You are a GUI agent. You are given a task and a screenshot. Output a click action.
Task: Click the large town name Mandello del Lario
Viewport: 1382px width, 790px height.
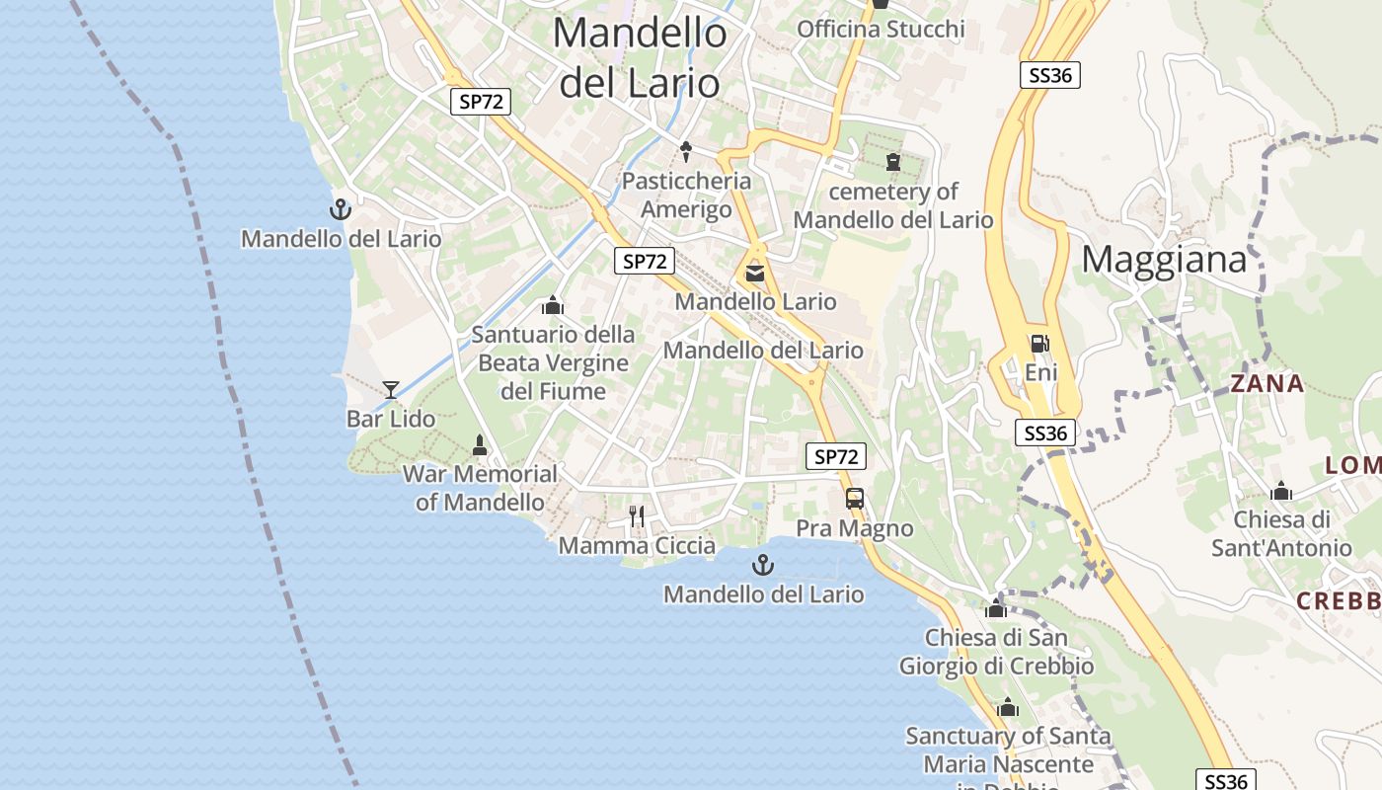tap(641, 57)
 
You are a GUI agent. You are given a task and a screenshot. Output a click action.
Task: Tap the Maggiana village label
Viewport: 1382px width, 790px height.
tap(1164, 260)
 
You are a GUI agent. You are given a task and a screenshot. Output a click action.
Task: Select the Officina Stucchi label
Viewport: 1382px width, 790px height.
tap(881, 29)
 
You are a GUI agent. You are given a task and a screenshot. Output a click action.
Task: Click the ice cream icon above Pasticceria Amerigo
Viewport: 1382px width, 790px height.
tap(686, 152)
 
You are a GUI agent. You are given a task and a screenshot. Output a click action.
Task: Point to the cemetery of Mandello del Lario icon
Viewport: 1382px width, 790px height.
tap(893, 161)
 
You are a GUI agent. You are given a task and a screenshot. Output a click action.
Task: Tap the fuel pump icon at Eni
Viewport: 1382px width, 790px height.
tap(1039, 344)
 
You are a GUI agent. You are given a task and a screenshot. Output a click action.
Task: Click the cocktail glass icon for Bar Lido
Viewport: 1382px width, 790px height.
tap(391, 389)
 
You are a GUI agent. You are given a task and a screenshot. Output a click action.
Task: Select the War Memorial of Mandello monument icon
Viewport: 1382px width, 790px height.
tap(480, 445)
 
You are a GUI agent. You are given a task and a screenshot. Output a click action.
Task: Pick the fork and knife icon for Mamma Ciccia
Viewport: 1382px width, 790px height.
tap(637, 515)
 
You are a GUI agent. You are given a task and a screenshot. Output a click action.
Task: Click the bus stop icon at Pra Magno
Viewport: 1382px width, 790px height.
tap(855, 499)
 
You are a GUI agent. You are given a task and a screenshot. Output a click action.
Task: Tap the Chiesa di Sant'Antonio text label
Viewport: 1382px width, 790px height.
tap(1281, 533)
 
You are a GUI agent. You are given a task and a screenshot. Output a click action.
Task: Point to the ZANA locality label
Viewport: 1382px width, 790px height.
tap(1267, 384)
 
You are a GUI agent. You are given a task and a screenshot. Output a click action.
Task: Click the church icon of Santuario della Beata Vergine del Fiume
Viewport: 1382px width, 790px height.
tap(553, 305)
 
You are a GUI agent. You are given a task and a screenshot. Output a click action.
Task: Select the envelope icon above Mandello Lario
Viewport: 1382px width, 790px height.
tap(755, 273)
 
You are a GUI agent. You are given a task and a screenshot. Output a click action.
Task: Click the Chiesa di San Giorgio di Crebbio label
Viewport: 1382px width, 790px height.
tap(996, 652)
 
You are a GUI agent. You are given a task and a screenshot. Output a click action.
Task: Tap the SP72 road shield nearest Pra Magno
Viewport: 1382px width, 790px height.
tap(836, 456)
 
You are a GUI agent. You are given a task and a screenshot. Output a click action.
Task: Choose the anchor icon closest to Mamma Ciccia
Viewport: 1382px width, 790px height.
tap(762, 565)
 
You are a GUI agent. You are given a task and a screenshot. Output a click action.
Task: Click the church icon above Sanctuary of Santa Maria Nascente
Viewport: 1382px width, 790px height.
tap(1008, 707)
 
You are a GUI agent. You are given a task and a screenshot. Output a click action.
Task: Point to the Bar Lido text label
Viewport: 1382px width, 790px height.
tap(391, 419)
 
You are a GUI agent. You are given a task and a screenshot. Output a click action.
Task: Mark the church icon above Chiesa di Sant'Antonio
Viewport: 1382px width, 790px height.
tap(1281, 491)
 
